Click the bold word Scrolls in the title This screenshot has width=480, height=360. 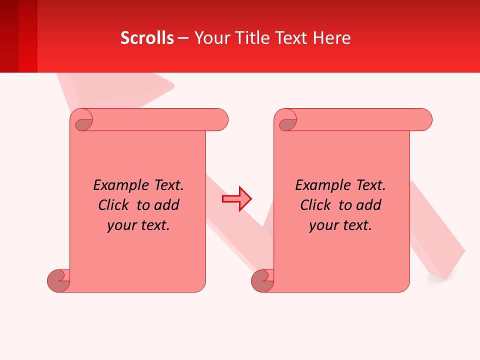tap(147, 37)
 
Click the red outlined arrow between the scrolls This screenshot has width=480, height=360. tap(236, 199)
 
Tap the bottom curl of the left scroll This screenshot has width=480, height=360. tap(58, 280)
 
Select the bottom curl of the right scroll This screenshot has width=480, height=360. tap(262, 280)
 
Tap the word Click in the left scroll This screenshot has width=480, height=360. tap(114, 205)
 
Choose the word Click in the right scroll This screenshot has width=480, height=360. tap(316, 205)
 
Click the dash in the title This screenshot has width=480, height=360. tap(183, 37)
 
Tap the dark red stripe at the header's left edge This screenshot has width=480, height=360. tap(9, 36)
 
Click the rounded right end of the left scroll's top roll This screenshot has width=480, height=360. tap(220, 120)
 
